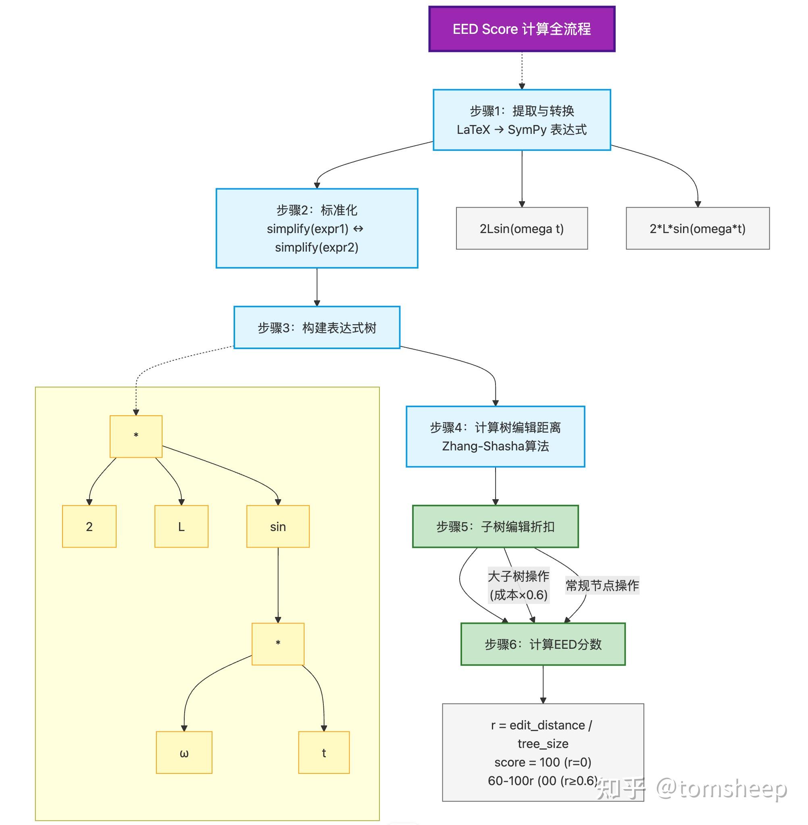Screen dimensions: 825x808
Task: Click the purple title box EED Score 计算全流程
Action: [x=522, y=29]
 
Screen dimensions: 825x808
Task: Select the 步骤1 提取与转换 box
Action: [x=522, y=120]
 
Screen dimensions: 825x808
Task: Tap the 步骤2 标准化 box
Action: [x=317, y=228]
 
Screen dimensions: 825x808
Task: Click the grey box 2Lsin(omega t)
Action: [x=522, y=228]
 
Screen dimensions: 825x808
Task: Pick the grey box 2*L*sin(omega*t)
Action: [x=697, y=228]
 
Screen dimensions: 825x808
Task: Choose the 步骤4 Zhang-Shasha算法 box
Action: [x=495, y=436]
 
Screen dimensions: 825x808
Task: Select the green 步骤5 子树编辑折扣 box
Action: [x=495, y=526]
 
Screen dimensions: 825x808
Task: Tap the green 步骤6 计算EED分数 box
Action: [x=543, y=644]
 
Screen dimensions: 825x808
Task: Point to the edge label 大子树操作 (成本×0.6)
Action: [x=518, y=585]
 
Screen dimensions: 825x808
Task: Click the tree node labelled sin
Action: [x=277, y=526]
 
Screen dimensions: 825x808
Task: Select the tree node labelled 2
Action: [x=89, y=526]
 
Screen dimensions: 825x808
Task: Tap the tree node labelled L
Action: [x=181, y=526]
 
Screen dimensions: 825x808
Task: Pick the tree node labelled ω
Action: [x=184, y=752]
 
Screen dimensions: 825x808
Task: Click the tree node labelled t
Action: [x=324, y=752]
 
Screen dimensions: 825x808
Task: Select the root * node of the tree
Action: [x=136, y=436]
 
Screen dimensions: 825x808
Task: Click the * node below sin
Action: [x=277, y=644]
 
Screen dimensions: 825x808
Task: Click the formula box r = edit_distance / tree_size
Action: [x=543, y=752]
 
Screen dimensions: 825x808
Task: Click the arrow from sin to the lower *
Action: [x=278, y=585]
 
